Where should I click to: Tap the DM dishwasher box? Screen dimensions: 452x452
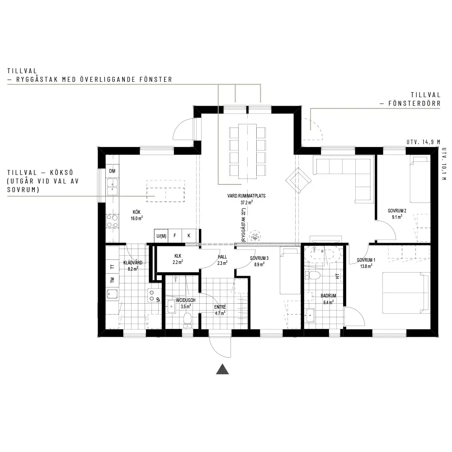pos(113,171)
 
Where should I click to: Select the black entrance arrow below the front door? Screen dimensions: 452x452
pos(222,369)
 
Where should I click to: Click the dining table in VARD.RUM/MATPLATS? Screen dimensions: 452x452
pos(247,151)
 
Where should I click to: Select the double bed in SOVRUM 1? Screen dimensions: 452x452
pos(405,292)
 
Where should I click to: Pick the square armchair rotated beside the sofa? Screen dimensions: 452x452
pos(298,181)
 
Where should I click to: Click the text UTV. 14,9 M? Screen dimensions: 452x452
pos(423,142)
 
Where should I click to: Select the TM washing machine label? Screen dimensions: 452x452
pos(113,280)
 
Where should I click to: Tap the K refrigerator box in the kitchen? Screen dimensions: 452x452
pos(189,236)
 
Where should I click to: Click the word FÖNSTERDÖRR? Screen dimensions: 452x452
pos(414,104)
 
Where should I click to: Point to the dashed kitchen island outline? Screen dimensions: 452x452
pos(165,191)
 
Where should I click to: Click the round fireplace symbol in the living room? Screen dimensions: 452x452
pos(255,236)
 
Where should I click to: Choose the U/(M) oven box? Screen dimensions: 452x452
pos(161,236)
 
